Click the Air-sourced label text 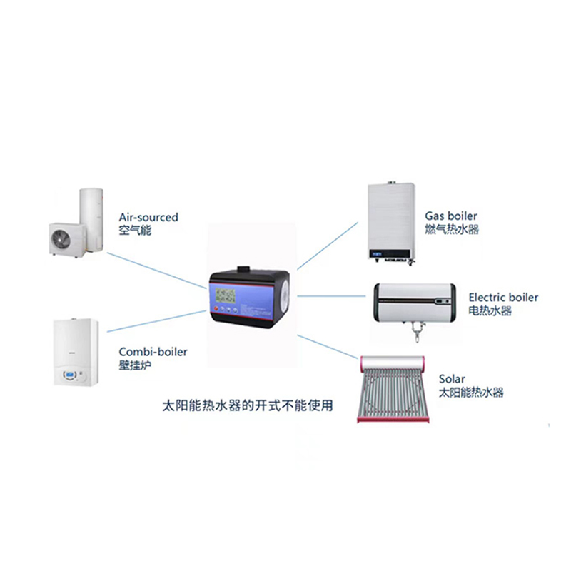(149, 217)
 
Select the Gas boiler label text (451, 216)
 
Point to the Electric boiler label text (503, 297)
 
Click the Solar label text (451, 378)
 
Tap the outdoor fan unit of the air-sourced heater (67, 238)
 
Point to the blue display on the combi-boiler (71, 375)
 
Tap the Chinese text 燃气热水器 (452, 230)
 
